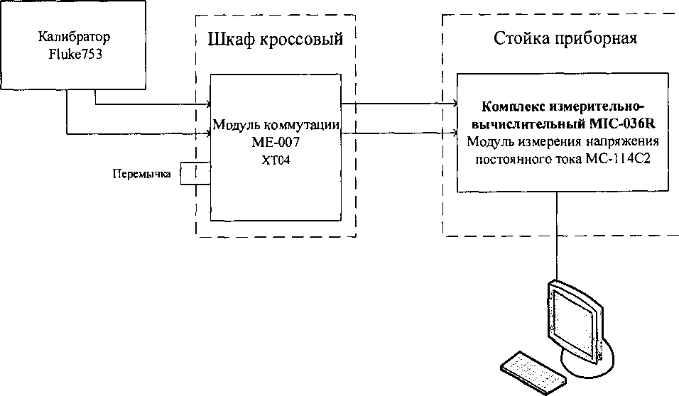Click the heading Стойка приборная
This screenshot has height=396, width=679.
tap(565, 38)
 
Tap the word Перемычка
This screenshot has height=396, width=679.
tap(142, 173)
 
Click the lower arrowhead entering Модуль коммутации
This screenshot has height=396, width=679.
tap(206, 132)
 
